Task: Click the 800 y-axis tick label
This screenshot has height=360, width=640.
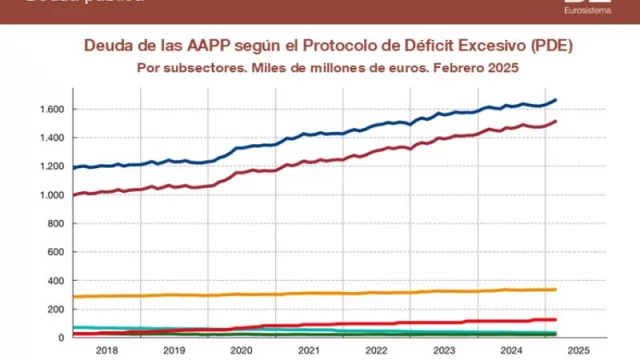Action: pyautogui.click(x=56, y=223)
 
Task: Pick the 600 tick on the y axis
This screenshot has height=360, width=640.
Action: pyautogui.click(x=56, y=252)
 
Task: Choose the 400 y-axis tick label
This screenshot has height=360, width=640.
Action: pyautogui.click(x=56, y=281)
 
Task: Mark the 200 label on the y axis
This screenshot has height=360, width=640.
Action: pyautogui.click(x=56, y=309)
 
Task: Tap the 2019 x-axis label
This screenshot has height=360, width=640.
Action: pyautogui.click(x=173, y=351)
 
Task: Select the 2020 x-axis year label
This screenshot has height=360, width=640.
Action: pyautogui.click(x=241, y=351)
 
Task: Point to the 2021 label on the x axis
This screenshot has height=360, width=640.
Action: pyautogui.click(x=309, y=351)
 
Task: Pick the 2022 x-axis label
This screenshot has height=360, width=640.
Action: pyautogui.click(x=377, y=351)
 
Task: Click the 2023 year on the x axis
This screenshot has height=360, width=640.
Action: pyautogui.click(x=445, y=351)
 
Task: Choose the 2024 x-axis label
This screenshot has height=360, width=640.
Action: pyautogui.click(x=513, y=351)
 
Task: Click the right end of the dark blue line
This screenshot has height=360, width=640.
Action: pyautogui.click(x=556, y=100)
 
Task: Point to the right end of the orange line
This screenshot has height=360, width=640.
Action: pyautogui.click(x=556, y=290)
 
